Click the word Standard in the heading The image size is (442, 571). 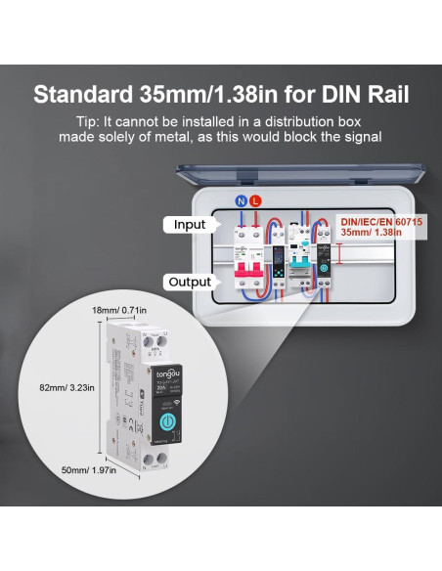(79, 95)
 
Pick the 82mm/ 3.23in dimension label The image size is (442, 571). (68, 388)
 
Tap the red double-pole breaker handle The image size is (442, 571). (247, 268)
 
